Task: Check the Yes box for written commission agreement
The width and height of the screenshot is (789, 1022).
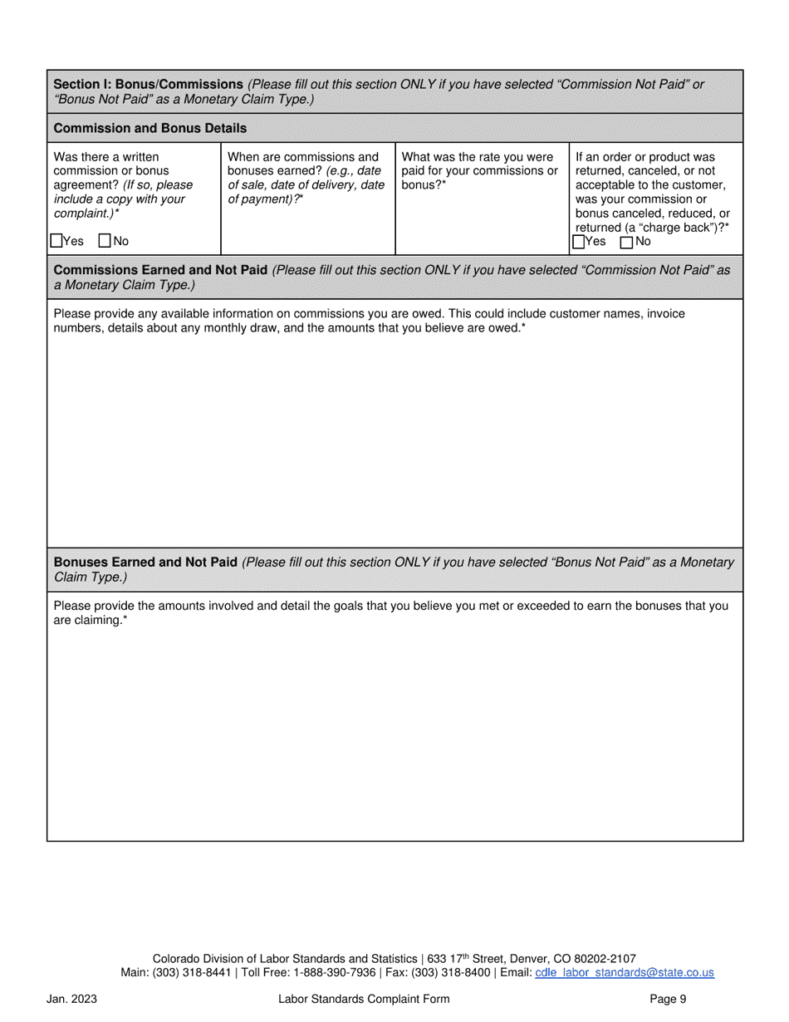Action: point(56,242)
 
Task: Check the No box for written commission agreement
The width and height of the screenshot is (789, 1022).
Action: point(105,242)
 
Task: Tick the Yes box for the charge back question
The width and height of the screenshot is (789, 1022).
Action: point(579,242)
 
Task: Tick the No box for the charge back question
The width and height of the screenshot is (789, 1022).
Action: point(626,242)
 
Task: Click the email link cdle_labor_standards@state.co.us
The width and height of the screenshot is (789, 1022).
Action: point(625,973)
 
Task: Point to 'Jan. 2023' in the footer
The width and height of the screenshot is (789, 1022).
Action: point(71,1000)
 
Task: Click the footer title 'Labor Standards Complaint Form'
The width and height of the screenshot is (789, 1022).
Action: point(364,1000)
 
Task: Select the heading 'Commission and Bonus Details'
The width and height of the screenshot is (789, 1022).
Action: point(149,129)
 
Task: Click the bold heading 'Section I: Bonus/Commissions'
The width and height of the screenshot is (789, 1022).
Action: point(148,85)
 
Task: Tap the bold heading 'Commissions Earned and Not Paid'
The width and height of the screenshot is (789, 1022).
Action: point(160,271)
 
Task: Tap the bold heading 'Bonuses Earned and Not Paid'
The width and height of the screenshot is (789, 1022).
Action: point(145,563)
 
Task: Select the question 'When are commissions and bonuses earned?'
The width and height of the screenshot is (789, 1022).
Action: point(304,164)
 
